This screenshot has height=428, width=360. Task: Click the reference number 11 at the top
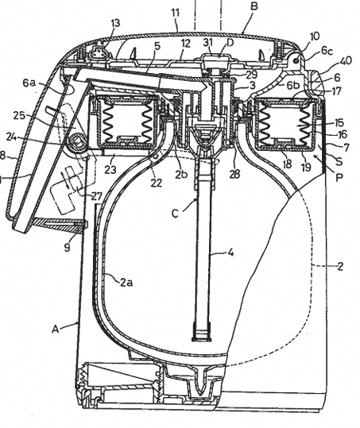176,13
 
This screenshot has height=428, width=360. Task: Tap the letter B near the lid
254,6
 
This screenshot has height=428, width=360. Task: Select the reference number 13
115,23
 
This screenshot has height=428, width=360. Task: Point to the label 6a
29,83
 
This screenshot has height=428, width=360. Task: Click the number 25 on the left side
19,115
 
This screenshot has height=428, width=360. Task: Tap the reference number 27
96,196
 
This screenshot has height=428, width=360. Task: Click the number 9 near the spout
68,247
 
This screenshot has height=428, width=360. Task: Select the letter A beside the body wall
56,330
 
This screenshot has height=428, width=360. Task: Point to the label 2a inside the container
126,283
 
